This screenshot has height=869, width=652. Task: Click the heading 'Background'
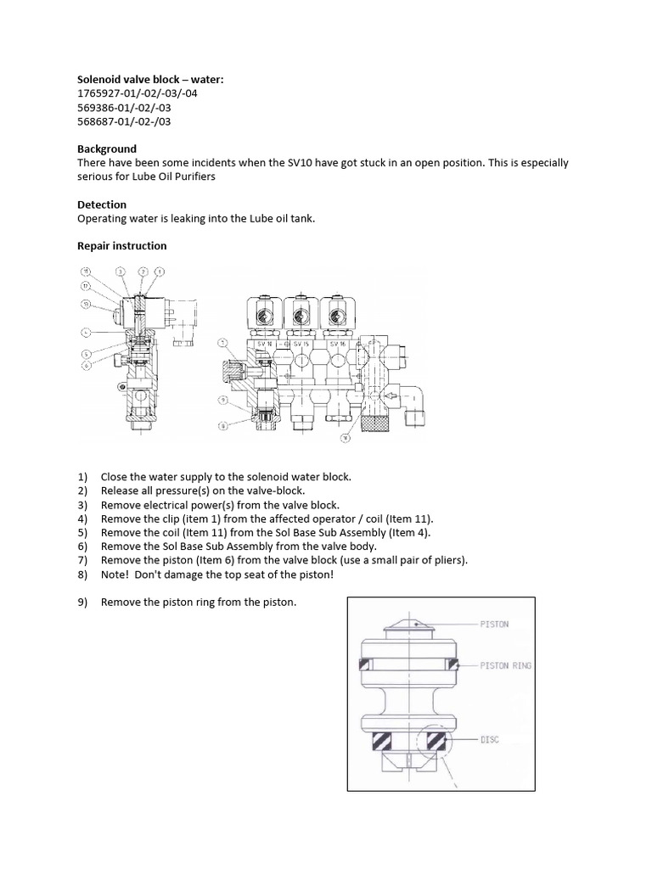pyautogui.click(x=107, y=149)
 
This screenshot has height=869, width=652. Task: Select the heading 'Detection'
pyautogui.click(x=102, y=205)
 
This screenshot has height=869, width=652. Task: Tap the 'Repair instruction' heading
pyautogui.click(x=121, y=246)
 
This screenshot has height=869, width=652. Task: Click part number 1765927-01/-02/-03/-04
pyautogui.click(x=137, y=93)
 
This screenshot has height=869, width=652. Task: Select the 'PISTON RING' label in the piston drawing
pyautogui.click(x=507, y=665)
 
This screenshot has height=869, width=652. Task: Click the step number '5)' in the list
pyautogui.click(x=82, y=532)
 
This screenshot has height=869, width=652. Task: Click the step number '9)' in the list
pyautogui.click(x=82, y=602)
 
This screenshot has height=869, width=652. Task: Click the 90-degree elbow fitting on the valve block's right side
pyautogui.click(x=413, y=401)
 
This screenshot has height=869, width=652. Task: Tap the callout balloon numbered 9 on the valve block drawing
pyautogui.click(x=221, y=400)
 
